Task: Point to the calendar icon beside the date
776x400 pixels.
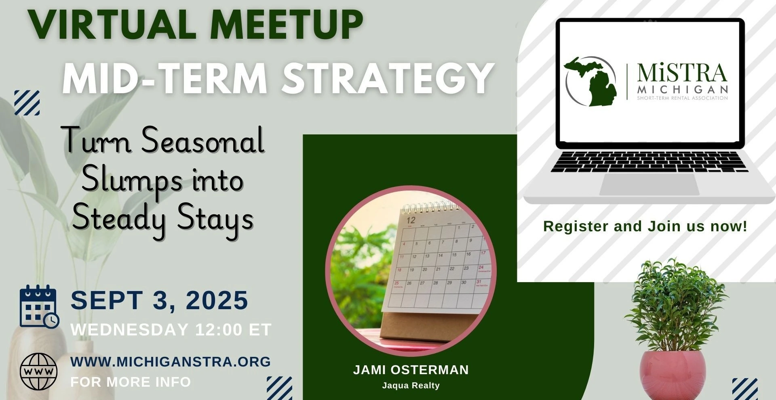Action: pyautogui.click(x=39, y=306)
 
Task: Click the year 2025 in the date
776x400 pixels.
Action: pyautogui.click(x=217, y=300)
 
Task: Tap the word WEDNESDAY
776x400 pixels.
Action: pyautogui.click(x=130, y=330)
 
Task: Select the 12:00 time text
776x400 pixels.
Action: pyautogui.click(x=219, y=330)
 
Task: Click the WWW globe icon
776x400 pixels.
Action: pyautogui.click(x=38, y=371)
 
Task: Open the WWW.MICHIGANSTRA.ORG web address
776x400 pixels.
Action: pyautogui.click(x=171, y=362)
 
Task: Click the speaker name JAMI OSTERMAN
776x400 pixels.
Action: pyautogui.click(x=411, y=370)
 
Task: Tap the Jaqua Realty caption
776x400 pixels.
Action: pyautogui.click(x=411, y=385)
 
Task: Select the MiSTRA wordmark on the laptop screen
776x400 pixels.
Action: pyautogui.click(x=682, y=73)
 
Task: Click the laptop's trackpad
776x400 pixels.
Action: pyautogui.click(x=649, y=185)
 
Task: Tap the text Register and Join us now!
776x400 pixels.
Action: pyautogui.click(x=645, y=226)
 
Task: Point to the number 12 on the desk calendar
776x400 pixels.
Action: pyautogui.click(x=411, y=220)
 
